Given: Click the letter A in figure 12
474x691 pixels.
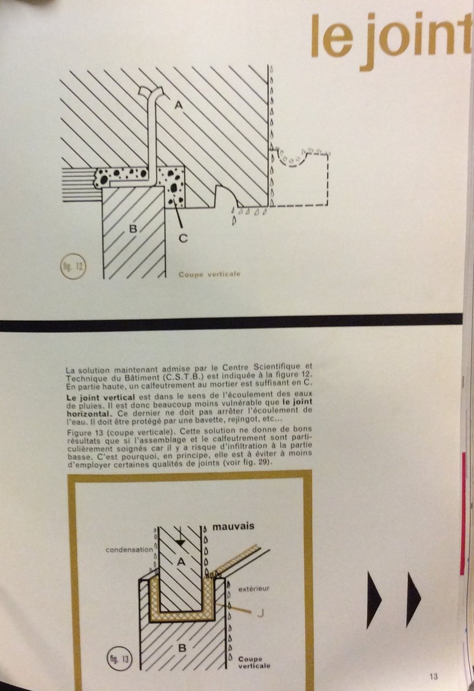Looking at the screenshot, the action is click(x=178, y=105).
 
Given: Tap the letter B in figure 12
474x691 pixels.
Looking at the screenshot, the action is click(x=133, y=228).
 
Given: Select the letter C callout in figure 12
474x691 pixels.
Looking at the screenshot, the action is click(x=183, y=238).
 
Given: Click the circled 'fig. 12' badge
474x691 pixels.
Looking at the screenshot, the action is click(x=73, y=266).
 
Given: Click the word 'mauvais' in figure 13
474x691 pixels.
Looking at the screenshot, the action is click(x=233, y=526).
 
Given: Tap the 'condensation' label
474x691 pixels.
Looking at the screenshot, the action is click(x=129, y=550).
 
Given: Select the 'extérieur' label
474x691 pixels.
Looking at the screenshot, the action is click(x=253, y=588).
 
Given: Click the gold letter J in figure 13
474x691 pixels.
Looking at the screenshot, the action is click(x=260, y=614).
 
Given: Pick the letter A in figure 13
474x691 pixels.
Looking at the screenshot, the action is click(x=181, y=562).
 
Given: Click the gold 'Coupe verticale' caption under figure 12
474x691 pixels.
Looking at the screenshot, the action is click(x=209, y=274).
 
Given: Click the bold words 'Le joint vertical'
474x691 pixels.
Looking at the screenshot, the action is click(x=101, y=397).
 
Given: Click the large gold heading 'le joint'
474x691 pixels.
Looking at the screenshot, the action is click(x=391, y=38).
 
